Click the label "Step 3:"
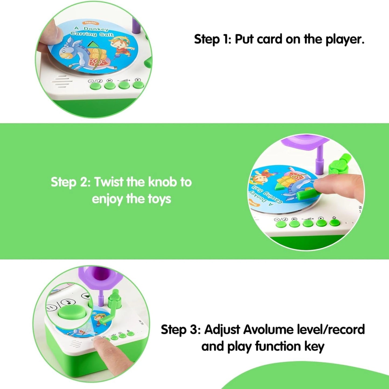pos(181,330)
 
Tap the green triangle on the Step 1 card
pos(93,44)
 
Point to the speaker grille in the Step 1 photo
pos(62,81)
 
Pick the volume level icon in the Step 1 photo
pos(124,80)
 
